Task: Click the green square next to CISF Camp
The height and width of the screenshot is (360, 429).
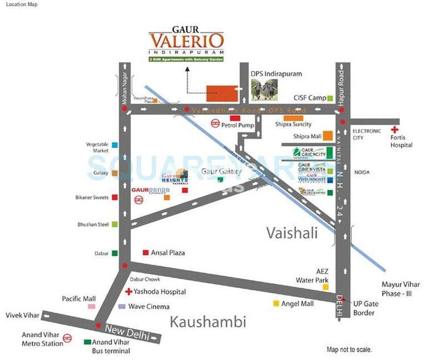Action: pyautogui.click(x=330, y=98)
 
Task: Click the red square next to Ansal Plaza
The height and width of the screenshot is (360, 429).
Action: pyautogui.click(x=145, y=253)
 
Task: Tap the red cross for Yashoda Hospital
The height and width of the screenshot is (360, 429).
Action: pyautogui.click(x=128, y=292)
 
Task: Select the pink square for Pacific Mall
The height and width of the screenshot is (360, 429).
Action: pyautogui.click(x=91, y=307)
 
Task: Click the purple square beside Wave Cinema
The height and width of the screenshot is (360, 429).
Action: pyautogui.click(x=122, y=307)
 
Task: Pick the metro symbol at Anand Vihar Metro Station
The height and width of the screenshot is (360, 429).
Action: pyautogui.click(x=67, y=338)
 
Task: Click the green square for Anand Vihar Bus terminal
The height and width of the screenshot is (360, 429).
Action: pyautogui.click(x=87, y=342)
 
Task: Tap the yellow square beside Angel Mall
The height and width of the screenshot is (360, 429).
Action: pyautogui.click(x=276, y=304)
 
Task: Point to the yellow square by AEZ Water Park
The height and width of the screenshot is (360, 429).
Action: pyautogui.click(x=326, y=287)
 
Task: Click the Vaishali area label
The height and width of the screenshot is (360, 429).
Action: pyautogui.click(x=291, y=232)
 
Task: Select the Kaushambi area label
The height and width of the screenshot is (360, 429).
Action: pyautogui.click(x=208, y=322)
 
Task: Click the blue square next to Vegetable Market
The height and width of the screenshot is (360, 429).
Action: pyautogui.click(x=115, y=146)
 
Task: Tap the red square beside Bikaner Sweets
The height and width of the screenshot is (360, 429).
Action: pyautogui.click(x=115, y=197)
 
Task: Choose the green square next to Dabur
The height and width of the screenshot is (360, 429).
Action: pyautogui.click(x=115, y=253)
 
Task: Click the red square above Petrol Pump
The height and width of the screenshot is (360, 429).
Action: pyautogui.click(x=233, y=117)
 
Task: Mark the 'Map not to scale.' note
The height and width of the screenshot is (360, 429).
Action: pyautogui.click(x=350, y=349)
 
